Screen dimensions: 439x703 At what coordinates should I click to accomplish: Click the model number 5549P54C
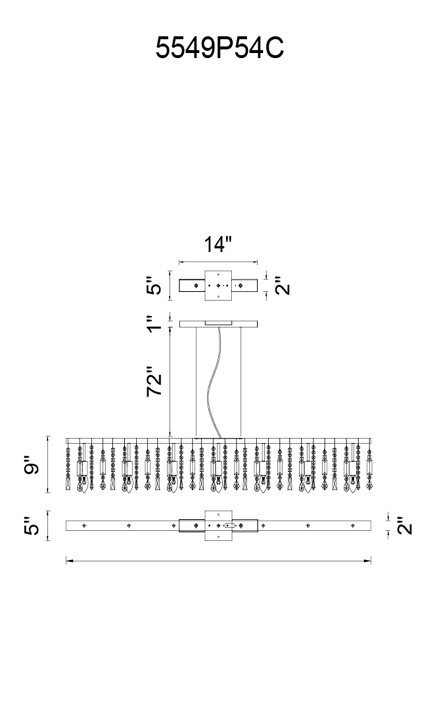click(x=219, y=48)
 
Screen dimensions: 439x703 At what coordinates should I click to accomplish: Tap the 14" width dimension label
click(x=218, y=244)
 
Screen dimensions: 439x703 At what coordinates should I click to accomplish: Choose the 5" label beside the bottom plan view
click(x=32, y=525)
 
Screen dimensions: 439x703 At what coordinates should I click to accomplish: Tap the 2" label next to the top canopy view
click(x=283, y=285)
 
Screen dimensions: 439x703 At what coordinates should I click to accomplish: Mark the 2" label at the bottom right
click(x=404, y=525)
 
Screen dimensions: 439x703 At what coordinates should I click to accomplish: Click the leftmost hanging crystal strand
click(x=68, y=467)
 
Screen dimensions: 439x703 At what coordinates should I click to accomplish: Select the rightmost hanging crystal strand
click(x=369, y=467)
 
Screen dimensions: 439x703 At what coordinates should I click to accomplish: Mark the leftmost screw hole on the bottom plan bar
click(x=84, y=525)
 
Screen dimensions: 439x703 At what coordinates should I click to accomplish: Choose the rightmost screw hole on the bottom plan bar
click(x=353, y=525)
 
